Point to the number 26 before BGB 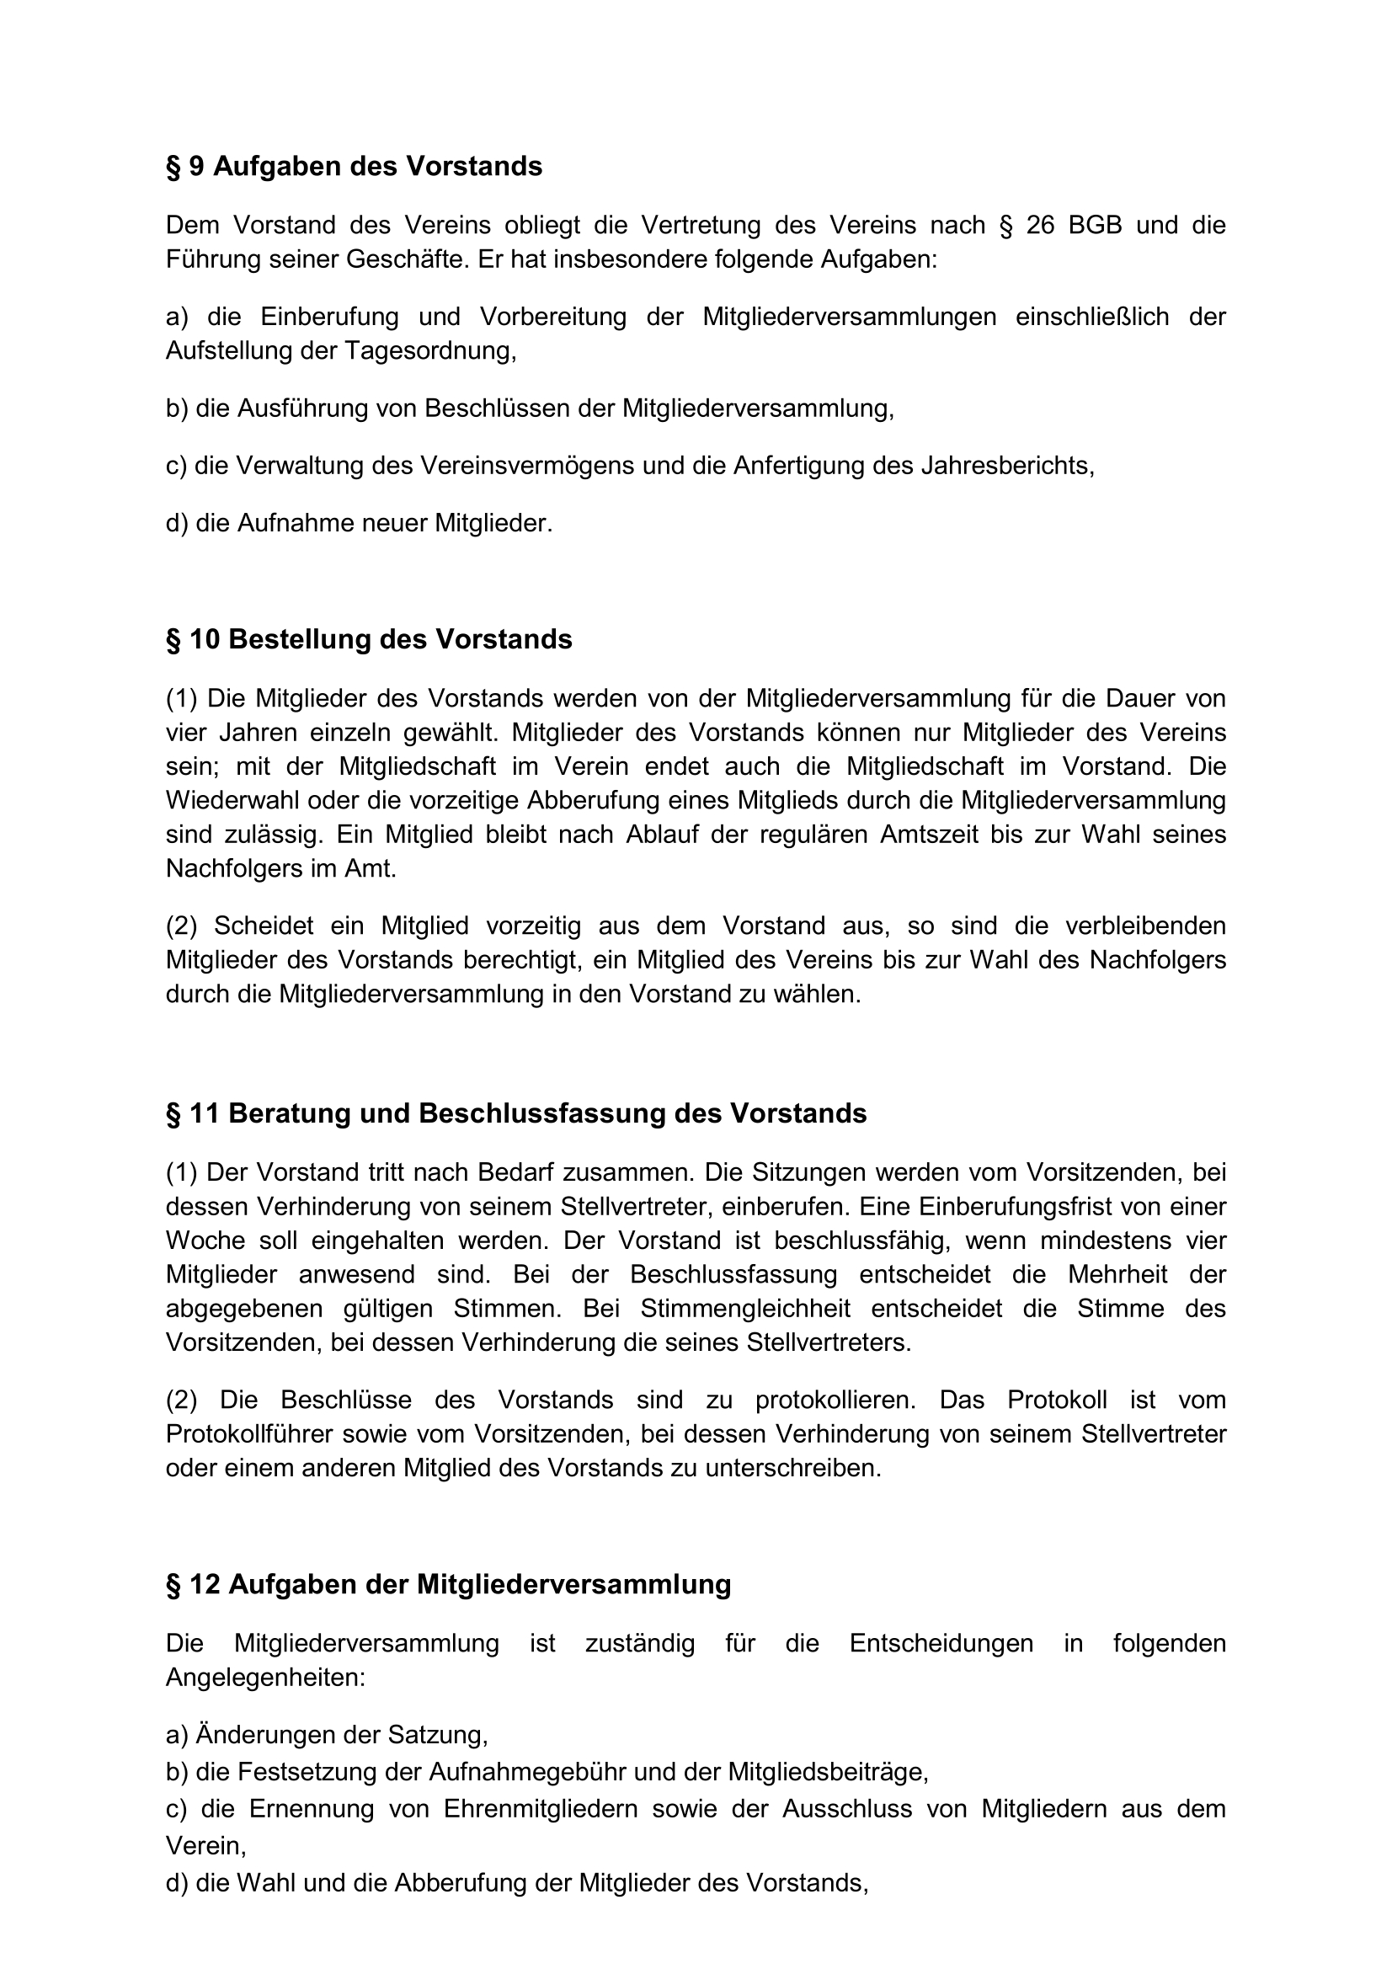(1039, 225)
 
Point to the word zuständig (640, 1643)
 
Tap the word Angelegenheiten (266, 1678)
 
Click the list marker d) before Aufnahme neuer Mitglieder (177, 523)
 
